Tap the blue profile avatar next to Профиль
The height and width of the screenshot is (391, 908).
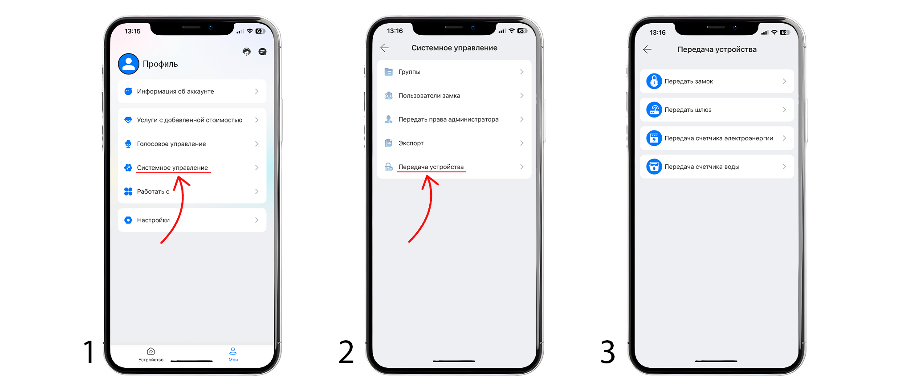[129, 64]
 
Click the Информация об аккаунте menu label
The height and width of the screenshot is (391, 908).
[175, 92]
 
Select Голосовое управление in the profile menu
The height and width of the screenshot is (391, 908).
[171, 144]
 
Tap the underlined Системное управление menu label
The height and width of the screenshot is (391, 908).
[172, 168]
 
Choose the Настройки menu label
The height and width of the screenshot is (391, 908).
[153, 220]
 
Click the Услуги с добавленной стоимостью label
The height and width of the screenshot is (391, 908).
[190, 120]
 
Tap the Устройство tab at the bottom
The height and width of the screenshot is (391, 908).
[151, 354]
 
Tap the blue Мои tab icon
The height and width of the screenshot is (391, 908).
[233, 351]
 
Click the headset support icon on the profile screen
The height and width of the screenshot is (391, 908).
[247, 52]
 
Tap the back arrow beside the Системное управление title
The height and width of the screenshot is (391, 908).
[384, 48]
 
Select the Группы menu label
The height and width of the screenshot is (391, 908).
[409, 72]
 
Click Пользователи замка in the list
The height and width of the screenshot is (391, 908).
[429, 96]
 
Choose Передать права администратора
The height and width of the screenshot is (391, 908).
[448, 119]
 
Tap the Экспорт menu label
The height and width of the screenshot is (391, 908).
[411, 143]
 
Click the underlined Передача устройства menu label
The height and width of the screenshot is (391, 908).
[431, 167]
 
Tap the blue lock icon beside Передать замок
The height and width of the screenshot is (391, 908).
[654, 81]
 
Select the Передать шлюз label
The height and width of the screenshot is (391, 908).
[688, 110]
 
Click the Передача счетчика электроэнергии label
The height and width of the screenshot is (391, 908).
[719, 138]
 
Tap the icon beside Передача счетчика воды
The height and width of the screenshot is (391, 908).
[654, 167]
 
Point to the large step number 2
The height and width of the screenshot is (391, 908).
[346, 352]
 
